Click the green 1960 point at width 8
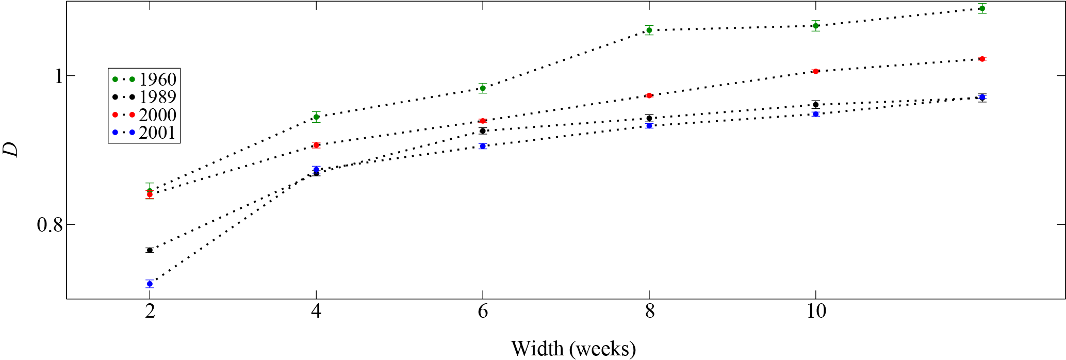click(x=649, y=30)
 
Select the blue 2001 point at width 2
click(x=150, y=284)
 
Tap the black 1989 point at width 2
click(x=150, y=250)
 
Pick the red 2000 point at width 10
click(x=815, y=71)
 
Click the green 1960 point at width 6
click(x=483, y=88)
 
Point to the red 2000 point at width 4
click(x=316, y=145)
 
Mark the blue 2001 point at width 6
click(x=483, y=146)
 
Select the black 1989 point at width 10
click(x=815, y=105)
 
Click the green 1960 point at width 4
click(x=316, y=117)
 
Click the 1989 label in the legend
click(x=157, y=97)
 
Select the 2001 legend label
click(x=157, y=133)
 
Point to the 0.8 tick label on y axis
click(x=50, y=225)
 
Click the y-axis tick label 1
click(x=58, y=76)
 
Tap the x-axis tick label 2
click(x=150, y=312)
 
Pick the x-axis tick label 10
click(x=815, y=312)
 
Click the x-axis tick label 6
click(x=483, y=312)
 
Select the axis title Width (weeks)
click(x=573, y=349)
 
